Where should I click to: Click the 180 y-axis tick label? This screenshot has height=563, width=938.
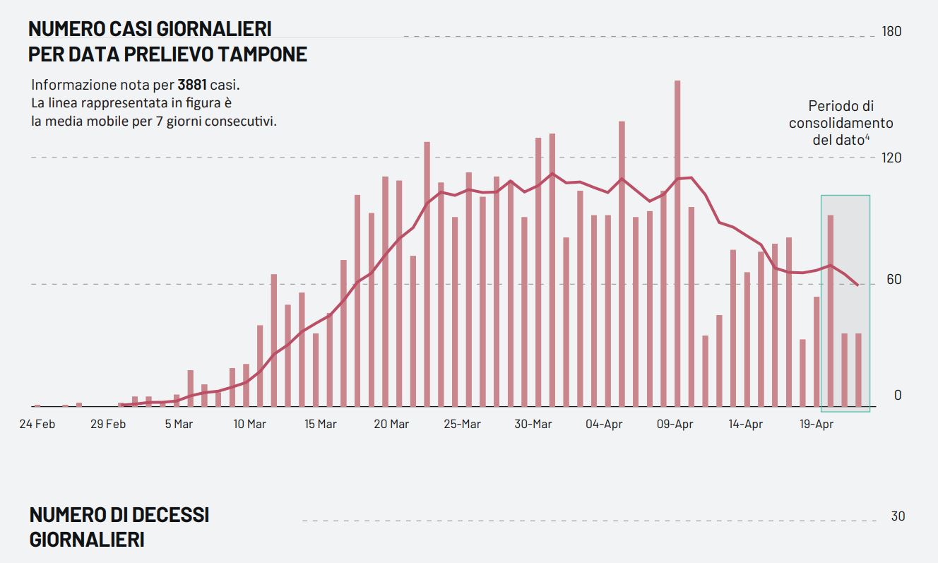[x=892, y=32]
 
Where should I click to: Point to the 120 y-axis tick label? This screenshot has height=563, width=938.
[x=892, y=158]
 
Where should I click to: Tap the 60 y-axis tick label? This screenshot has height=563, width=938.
[x=894, y=280]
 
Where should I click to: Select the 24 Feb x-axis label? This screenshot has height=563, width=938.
[x=37, y=425]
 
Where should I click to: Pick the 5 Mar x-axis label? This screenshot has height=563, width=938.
[x=179, y=425]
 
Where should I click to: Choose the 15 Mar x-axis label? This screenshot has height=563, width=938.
[x=320, y=425]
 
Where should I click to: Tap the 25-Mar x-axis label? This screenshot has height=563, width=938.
[x=462, y=425]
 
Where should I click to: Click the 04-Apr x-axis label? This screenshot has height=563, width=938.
[x=604, y=425]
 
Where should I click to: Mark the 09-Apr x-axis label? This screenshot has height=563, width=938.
[x=675, y=425]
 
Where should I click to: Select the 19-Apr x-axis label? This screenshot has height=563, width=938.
[x=816, y=425]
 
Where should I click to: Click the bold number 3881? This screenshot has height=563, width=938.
[x=192, y=85]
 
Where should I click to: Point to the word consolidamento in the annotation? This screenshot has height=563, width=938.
[x=841, y=123]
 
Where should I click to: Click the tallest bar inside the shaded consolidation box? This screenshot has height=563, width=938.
[x=831, y=311]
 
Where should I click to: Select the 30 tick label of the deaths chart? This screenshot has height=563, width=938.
[x=898, y=516]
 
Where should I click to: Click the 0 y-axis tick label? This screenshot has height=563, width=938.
[x=898, y=395]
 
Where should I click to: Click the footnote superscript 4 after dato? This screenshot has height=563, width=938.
[x=867, y=136]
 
